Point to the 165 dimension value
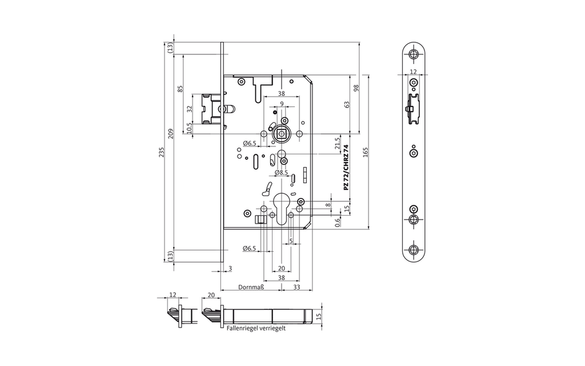[x=365, y=152]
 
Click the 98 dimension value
[x=355, y=87]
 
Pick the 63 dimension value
[x=346, y=105]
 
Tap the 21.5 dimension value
[x=337, y=143]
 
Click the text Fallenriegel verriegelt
[x=256, y=329]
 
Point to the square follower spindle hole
[x=281, y=134]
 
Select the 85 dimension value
[x=180, y=89]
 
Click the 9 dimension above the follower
[x=281, y=104]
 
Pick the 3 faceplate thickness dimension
[x=230, y=268]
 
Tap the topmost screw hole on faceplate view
[x=414, y=55]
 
